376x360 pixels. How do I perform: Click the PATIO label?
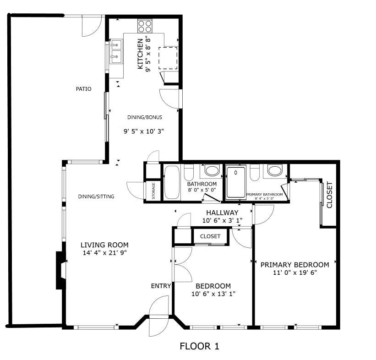(83, 89)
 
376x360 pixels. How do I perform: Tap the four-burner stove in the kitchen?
(145, 27)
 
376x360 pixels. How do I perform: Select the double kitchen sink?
(116, 52)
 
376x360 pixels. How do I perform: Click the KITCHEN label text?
(140, 54)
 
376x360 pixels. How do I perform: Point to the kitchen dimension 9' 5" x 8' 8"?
(148, 55)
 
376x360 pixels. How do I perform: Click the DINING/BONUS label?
(145, 117)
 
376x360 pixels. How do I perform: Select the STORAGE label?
(153, 191)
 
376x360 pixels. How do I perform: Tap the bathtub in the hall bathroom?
(172, 182)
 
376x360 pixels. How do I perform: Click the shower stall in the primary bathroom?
(236, 182)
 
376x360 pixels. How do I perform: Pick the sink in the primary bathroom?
(275, 170)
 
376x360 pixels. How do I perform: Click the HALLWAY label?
(222, 213)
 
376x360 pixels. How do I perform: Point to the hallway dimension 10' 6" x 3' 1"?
(222, 220)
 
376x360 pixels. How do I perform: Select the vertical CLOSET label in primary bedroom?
(329, 195)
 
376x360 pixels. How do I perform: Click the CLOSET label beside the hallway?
(210, 236)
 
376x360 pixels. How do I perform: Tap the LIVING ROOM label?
(104, 245)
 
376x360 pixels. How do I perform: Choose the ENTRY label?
(161, 286)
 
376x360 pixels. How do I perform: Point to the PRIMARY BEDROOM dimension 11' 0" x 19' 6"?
(295, 273)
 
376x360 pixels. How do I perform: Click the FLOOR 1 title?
(200, 346)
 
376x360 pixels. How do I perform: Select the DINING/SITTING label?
(96, 196)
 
